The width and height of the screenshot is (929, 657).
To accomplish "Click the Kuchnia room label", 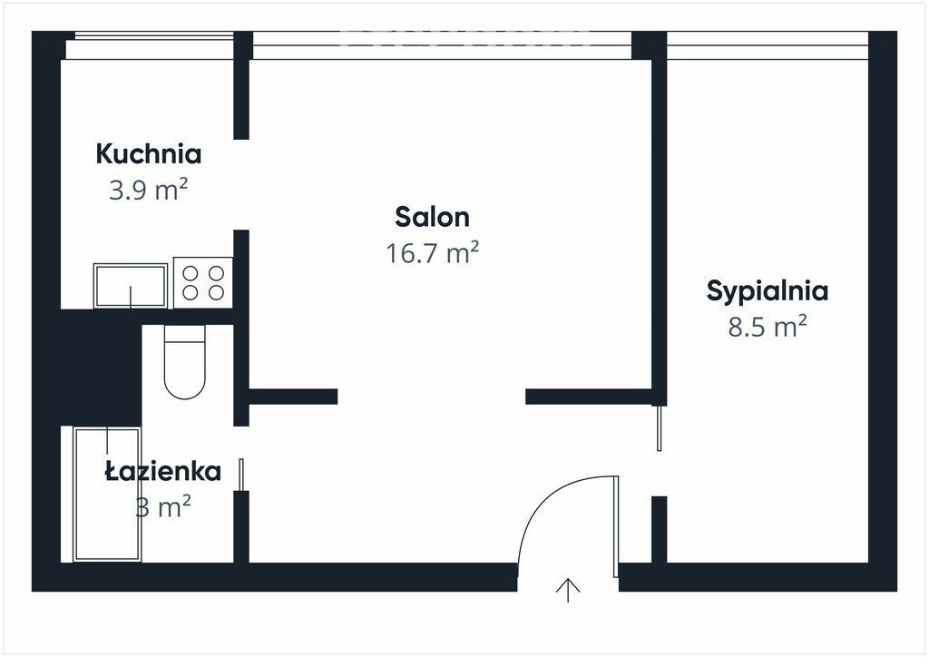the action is point(149,154).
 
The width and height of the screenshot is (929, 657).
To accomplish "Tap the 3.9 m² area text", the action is point(148,191).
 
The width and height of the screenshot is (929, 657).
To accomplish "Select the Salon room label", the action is point(433,218).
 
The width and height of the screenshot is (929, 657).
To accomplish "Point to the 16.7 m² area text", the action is point(433,253).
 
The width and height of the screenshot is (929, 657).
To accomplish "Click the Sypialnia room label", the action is point(768,291).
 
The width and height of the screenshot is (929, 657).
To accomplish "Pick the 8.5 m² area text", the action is point(768,327).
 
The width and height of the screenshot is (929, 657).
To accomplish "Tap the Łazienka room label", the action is point(163,472).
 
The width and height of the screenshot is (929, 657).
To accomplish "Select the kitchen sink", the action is point(131,286).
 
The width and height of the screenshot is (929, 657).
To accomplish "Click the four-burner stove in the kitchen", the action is point(202,282).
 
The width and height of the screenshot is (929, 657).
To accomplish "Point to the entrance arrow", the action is point(568,590).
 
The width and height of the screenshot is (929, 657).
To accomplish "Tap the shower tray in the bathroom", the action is point(107,494).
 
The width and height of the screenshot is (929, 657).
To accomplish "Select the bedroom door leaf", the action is point(659,427).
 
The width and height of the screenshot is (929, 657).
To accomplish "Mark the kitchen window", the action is point(150,45).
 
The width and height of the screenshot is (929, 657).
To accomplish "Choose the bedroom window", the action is point(768,45).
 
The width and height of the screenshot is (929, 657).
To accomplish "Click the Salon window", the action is point(442,45).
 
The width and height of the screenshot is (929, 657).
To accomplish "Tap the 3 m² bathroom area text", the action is point(163,507).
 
